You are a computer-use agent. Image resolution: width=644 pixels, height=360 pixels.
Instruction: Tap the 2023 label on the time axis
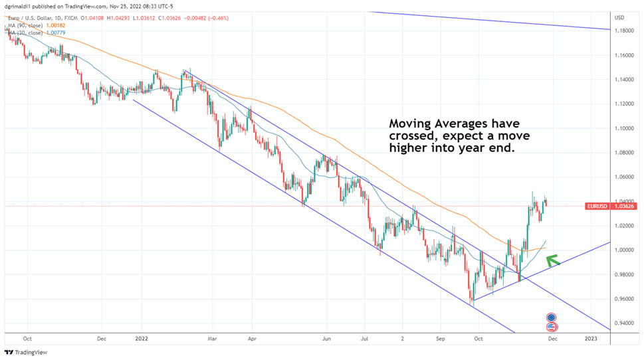point(591,338)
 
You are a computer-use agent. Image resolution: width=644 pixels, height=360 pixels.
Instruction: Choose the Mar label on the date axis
point(212,338)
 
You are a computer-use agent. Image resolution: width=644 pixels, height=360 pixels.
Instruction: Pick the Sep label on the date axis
point(440,338)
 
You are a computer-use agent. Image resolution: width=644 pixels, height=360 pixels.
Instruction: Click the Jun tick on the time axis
point(326,338)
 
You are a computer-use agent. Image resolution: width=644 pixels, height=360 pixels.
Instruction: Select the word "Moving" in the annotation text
point(411,124)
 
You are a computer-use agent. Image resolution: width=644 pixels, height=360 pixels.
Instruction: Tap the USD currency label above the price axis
point(619,17)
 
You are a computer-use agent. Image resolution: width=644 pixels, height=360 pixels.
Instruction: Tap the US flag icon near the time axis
point(551,327)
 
